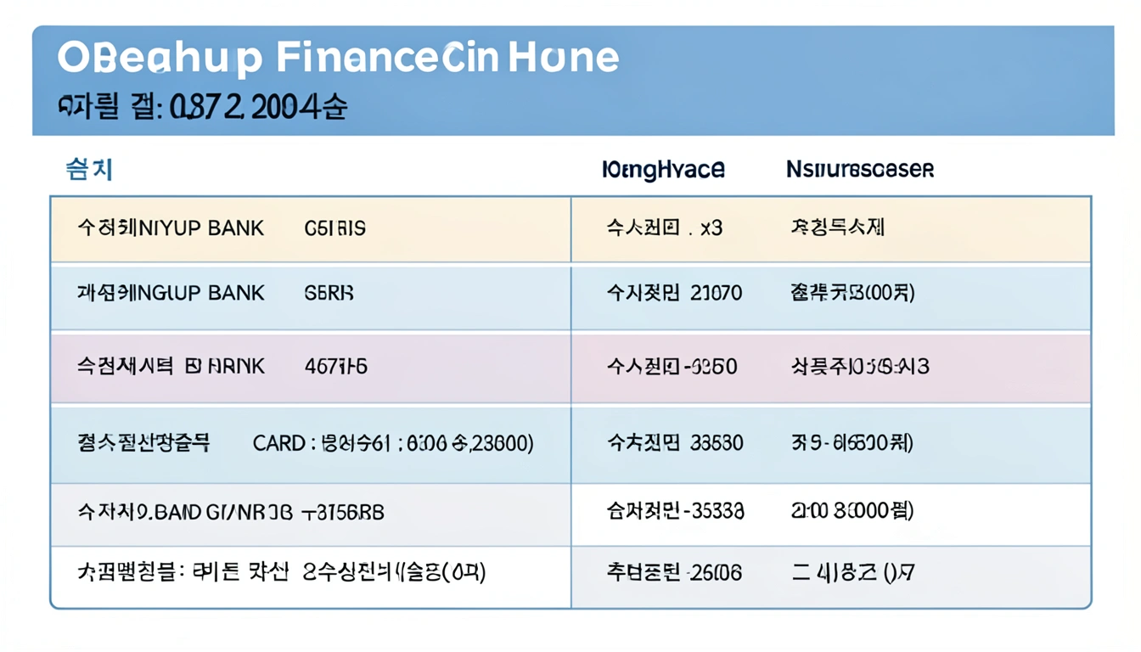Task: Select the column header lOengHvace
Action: [x=663, y=170]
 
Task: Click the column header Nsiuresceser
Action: [x=860, y=170]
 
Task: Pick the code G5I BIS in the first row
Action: [x=334, y=228]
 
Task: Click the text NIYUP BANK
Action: [x=200, y=228]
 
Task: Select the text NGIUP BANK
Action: [x=200, y=294]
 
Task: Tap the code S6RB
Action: [x=329, y=294]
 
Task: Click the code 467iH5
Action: [x=335, y=367]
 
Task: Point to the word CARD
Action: [x=278, y=443]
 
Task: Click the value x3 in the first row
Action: [x=711, y=228]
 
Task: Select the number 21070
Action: [x=717, y=294]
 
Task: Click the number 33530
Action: [x=717, y=443]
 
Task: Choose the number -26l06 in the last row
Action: [x=715, y=573]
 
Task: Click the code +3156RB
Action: [x=343, y=512]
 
